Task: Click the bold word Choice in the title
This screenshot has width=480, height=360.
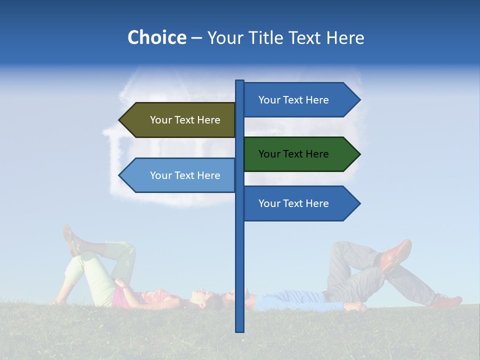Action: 156,37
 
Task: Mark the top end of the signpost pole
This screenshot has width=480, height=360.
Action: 239,81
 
